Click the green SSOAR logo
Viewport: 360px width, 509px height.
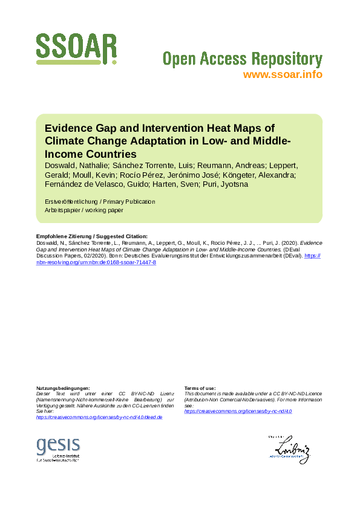[x=76, y=50]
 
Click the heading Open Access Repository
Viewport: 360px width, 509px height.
[x=242, y=59]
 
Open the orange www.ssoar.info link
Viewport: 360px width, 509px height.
[x=283, y=75]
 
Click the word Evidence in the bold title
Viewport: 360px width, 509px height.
[x=68, y=128]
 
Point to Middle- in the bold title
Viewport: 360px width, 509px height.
[x=271, y=141]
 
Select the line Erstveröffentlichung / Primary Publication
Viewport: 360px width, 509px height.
[x=100, y=201]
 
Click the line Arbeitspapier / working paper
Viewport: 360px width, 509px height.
[x=84, y=210]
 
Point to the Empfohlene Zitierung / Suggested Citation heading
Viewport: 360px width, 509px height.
[x=92, y=236]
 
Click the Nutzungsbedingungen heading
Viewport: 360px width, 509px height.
[x=63, y=387]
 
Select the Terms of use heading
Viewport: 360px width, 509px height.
[x=200, y=387]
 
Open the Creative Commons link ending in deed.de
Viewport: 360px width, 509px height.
[x=99, y=418]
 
